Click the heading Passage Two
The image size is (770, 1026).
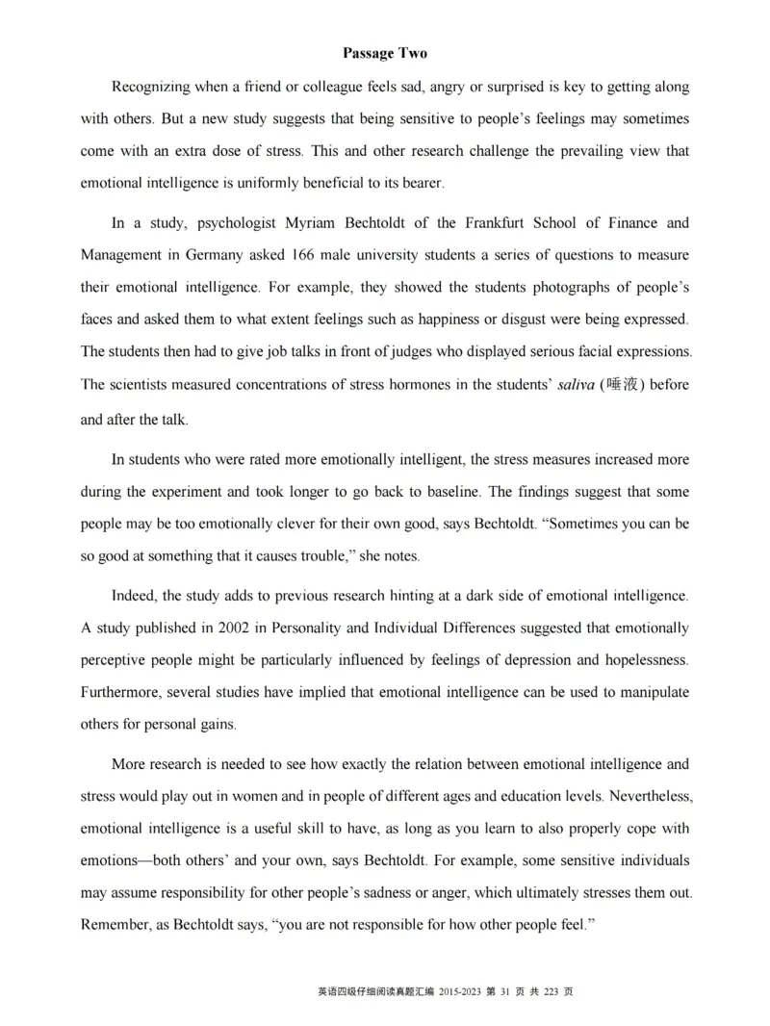[384, 53]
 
